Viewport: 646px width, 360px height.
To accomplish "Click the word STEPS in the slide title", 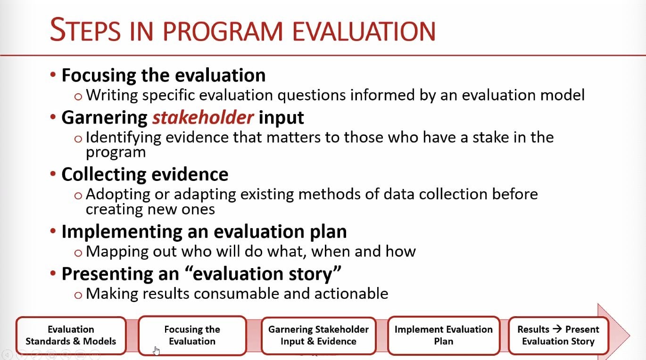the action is click(x=85, y=30).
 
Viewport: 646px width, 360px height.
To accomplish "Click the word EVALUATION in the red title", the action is click(x=364, y=31).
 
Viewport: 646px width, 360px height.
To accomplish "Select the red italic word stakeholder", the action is click(x=203, y=118).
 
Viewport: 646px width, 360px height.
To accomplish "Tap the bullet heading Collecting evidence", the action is click(x=145, y=174).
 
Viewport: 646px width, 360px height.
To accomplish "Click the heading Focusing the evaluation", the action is click(x=164, y=75).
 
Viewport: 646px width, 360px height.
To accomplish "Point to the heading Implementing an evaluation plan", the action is click(x=204, y=232).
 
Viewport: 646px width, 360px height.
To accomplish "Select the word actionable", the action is click(x=351, y=294).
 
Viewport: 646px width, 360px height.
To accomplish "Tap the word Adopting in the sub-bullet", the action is click(x=118, y=195).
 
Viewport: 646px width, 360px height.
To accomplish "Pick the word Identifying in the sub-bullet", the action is click(x=124, y=138).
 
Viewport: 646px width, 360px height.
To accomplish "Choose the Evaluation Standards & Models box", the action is click(x=71, y=335).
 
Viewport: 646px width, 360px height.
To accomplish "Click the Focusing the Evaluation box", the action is click(x=192, y=335).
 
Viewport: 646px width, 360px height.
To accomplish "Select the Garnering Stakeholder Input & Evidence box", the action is click(x=318, y=335).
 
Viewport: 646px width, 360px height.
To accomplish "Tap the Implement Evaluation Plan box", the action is click(x=444, y=335).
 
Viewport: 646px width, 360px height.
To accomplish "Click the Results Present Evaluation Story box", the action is click(x=558, y=335).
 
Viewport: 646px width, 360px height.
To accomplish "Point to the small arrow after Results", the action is click(x=557, y=329).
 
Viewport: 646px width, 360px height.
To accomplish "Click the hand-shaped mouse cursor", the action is click(x=157, y=351).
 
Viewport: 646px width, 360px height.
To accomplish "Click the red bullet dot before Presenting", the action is click(x=53, y=272).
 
